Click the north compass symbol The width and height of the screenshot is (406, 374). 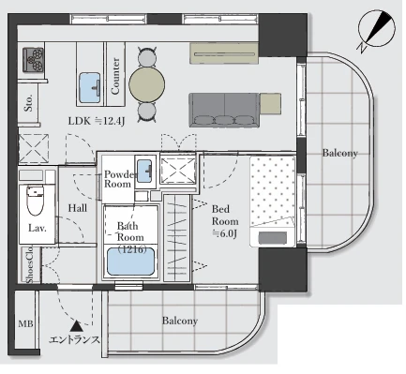click(376, 30)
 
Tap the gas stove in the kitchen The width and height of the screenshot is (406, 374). click(33, 60)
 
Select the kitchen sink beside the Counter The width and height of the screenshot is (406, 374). click(90, 88)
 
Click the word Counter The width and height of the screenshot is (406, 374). click(115, 76)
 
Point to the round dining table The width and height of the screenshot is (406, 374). click(147, 84)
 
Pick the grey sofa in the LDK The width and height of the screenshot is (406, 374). click(224, 110)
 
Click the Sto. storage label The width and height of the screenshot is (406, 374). click(28, 102)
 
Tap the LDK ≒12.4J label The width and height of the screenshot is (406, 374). click(97, 121)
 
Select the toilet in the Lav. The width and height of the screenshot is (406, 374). click(35, 200)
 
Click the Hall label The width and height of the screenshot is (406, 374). click(78, 208)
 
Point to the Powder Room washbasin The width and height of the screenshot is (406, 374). click(144, 171)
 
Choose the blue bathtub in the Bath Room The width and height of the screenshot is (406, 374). click(131, 262)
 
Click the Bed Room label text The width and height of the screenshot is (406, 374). click(225, 215)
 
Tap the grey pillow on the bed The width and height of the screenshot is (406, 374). click(272, 237)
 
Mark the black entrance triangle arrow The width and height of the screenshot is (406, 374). click(76, 326)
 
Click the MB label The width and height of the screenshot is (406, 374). click(25, 323)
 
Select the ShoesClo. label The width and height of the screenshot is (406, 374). click(30, 265)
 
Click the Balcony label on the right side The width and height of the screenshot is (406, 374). click(339, 153)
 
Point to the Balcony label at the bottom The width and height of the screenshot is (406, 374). click(180, 321)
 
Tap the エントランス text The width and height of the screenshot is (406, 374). click(74, 339)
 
